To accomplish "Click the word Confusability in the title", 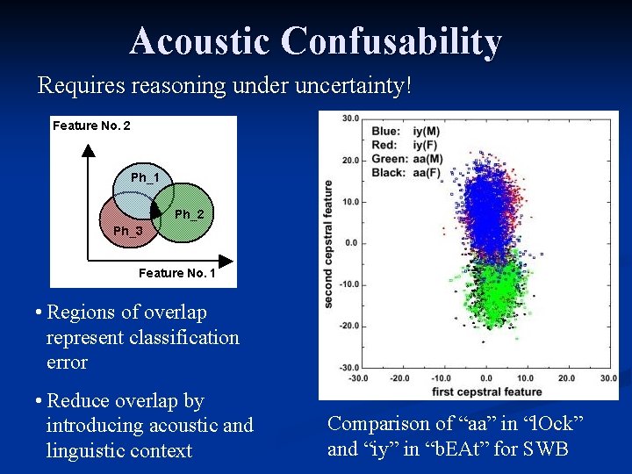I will click(x=391, y=41).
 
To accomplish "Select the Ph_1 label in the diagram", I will click(x=145, y=178).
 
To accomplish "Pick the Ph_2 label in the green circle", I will click(x=189, y=214).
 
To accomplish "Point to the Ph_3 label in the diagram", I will click(x=127, y=231).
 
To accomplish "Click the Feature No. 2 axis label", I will click(x=91, y=126).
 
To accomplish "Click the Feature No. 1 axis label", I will click(x=176, y=273).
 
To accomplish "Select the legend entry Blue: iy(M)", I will click(x=414, y=132).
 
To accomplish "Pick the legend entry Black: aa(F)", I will click(x=416, y=172).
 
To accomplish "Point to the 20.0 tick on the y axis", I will click(x=351, y=160).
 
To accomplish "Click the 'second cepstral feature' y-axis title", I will click(x=328, y=244).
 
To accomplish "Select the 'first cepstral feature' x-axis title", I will click(x=486, y=391).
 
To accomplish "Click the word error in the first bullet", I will click(x=68, y=362).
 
